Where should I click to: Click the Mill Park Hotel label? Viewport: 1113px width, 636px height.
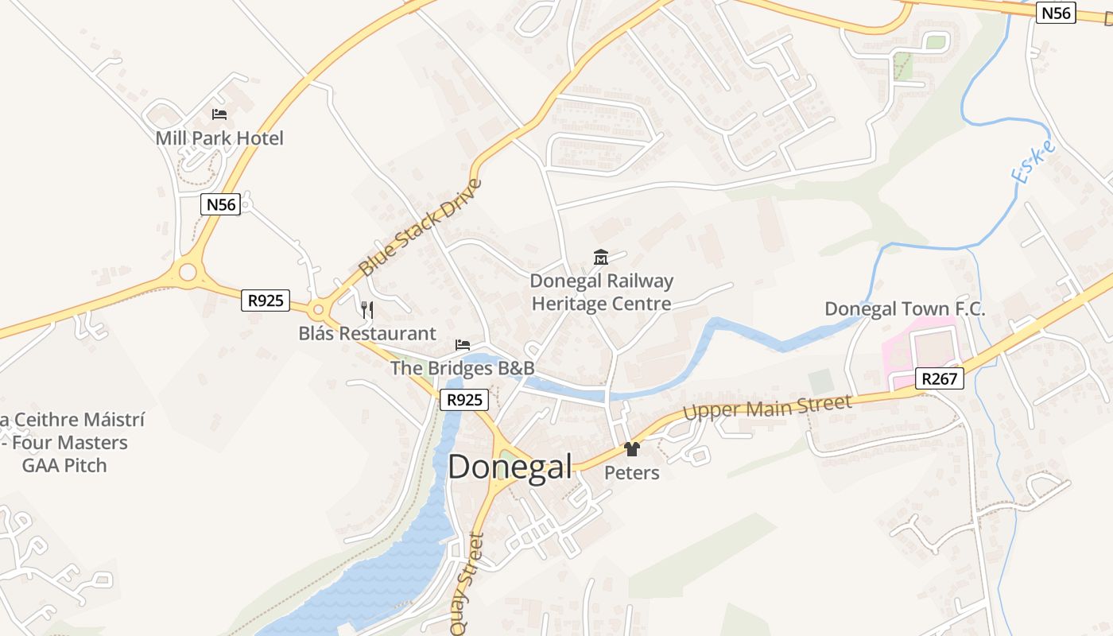(219, 138)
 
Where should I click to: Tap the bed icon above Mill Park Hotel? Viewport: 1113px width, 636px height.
(219, 114)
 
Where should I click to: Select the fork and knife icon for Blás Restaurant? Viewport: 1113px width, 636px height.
(366, 309)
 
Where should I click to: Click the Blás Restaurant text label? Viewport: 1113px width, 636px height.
(367, 334)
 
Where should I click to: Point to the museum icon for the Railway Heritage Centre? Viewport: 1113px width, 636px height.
(601, 257)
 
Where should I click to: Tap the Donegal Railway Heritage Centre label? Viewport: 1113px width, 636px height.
(601, 293)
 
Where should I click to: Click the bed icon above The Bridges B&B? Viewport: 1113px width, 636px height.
(463, 345)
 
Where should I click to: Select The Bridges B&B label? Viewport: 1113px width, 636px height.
(462, 369)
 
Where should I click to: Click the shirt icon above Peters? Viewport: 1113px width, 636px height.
(632, 449)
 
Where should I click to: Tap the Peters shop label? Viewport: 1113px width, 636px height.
(632, 473)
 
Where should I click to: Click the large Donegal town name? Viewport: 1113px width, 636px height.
(510, 467)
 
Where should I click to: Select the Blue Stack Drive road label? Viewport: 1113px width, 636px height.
(421, 228)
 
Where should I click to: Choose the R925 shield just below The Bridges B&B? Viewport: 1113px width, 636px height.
(463, 400)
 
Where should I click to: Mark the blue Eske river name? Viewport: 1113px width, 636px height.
(1033, 163)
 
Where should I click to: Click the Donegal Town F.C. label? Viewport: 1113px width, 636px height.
(905, 309)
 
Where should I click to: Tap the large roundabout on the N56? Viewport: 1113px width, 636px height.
(188, 273)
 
